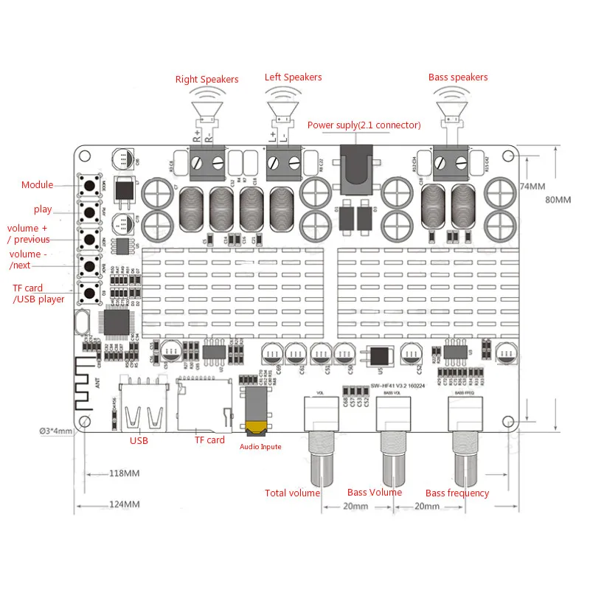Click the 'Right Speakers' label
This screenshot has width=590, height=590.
pos(206,80)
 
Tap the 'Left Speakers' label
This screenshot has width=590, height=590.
pos(293,77)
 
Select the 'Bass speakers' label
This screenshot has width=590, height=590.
pos(458,77)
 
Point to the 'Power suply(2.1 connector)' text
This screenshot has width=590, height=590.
pos(364,125)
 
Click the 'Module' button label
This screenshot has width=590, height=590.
pos(37,185)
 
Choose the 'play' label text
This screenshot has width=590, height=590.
pos(43,210)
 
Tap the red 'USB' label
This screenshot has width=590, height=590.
pos(139,441)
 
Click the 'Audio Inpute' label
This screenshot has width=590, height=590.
pos(260,446)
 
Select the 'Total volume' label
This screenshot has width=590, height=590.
pos(292,493)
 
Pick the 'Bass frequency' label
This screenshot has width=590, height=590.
pos(457,493)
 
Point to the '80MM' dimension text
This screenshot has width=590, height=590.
pos(558,200)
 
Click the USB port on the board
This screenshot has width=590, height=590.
pos(139,410)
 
